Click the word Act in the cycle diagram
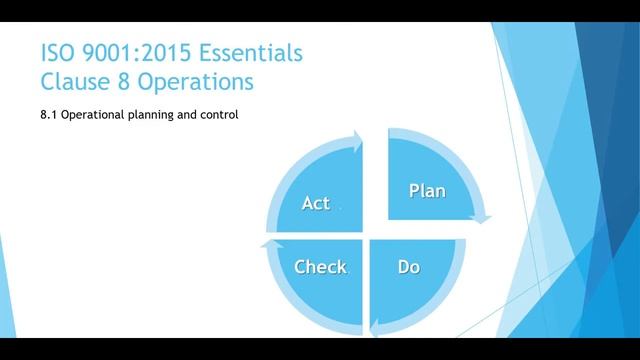pos(316,203)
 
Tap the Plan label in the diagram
pos(427,190)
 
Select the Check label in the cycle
pos(320,266)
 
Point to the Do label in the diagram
pos(408,266)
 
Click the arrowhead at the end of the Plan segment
pos(485,217)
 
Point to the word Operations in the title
pos(195,79)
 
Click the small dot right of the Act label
pos(340,208)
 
